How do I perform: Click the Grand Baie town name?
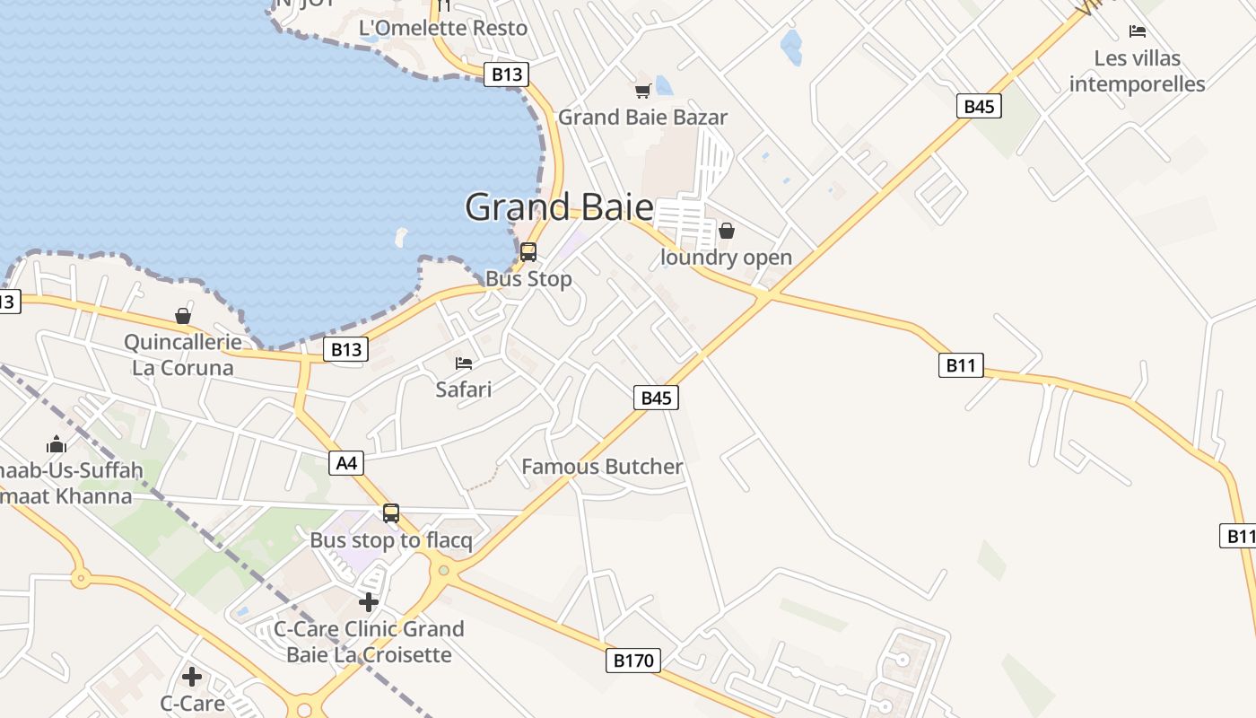pos(559,207)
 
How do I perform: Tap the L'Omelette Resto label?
pos(443,28)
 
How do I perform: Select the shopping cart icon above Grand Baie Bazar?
pos(642,91)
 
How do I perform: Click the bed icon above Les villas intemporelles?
pos(1138,31)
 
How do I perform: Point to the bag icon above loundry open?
pos(727,231)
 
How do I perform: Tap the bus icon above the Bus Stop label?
pos(528,251)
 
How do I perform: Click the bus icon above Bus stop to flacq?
pos(391,513)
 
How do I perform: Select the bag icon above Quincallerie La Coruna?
pos(183,316)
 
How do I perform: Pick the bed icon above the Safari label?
pos(464,363)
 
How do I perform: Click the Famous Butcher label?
pos(602,467)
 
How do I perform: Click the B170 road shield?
pos(633,661)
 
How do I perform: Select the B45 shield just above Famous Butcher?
pos(656,398)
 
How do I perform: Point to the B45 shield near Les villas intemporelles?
pos(978,107)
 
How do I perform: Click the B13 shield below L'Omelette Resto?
pos(506,74)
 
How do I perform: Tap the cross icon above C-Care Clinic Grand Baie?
pos(368,602)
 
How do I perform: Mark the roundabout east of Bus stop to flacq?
pos(443,570)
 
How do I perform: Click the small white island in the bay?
pos(401,237)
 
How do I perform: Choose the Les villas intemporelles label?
pos(1138,71)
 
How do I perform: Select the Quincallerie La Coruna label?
pos(183,355)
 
